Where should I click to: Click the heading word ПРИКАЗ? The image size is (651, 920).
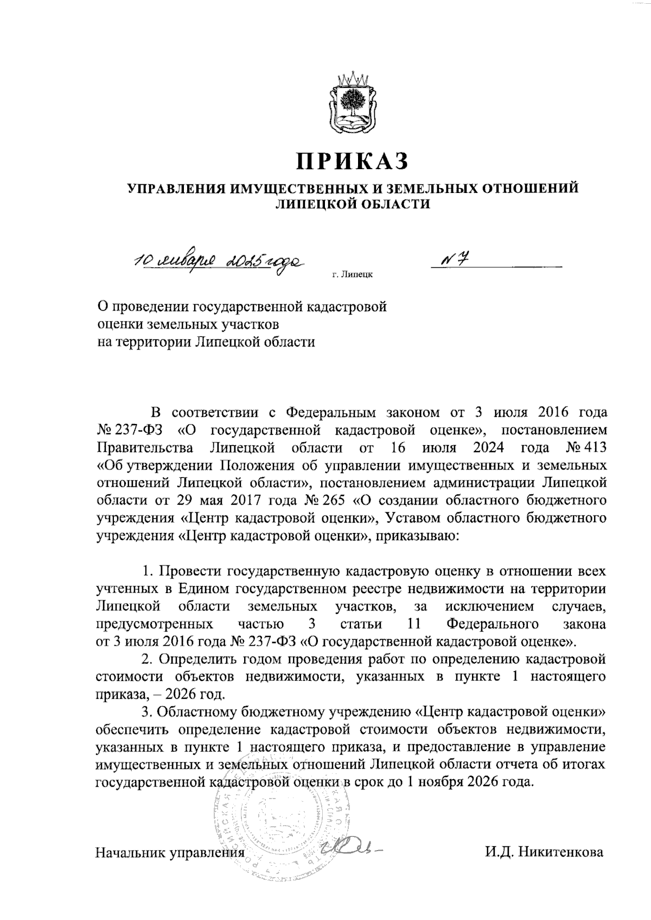coord(352,161)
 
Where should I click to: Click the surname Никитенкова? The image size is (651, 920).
coord(561,852)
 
